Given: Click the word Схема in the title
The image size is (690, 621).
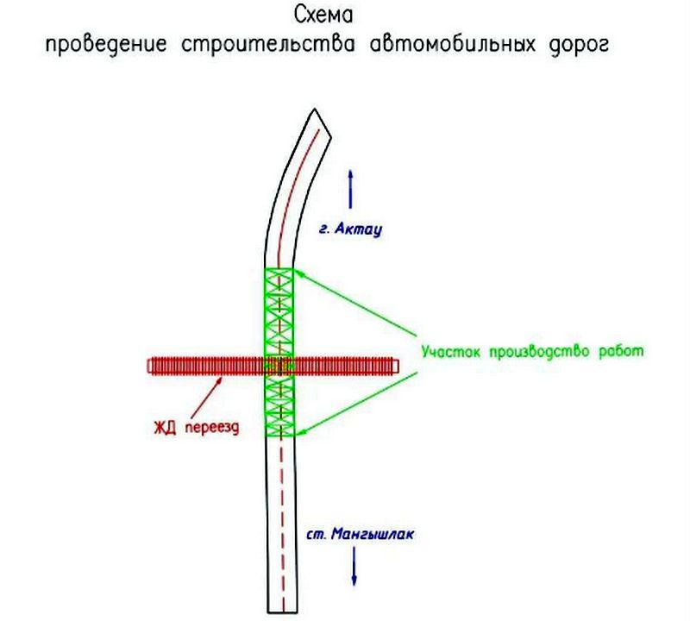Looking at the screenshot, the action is (323, 16).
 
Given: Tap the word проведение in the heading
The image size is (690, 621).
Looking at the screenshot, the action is (106, 45).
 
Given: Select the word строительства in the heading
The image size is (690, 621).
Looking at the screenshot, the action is (268, 45).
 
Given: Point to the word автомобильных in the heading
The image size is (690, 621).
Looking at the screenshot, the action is (453, 45).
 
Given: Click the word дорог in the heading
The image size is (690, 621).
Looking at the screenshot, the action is (579, 46).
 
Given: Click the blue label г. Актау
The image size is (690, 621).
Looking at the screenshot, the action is (351, 229).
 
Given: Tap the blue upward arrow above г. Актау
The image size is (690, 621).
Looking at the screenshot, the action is (350, 189).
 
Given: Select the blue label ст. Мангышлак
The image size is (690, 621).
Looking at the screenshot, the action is (360, 534).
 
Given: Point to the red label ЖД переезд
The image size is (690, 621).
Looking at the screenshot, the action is (197, 427).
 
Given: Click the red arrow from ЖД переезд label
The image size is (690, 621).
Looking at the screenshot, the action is (206, 397).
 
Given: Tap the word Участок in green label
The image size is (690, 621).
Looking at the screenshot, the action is (450, 352).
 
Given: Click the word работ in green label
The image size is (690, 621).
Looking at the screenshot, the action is (621, 351).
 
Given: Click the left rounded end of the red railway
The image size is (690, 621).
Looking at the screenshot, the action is (148, 367).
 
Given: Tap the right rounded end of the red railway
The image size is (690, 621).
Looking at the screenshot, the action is (397, 366).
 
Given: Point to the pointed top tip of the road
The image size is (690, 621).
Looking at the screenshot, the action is (314, 110).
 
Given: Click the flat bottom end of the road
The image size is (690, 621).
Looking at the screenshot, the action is (283, 612).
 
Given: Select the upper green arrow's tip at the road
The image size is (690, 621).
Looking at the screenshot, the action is (293, 270).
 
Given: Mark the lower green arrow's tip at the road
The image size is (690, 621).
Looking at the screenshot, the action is (295, 435).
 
